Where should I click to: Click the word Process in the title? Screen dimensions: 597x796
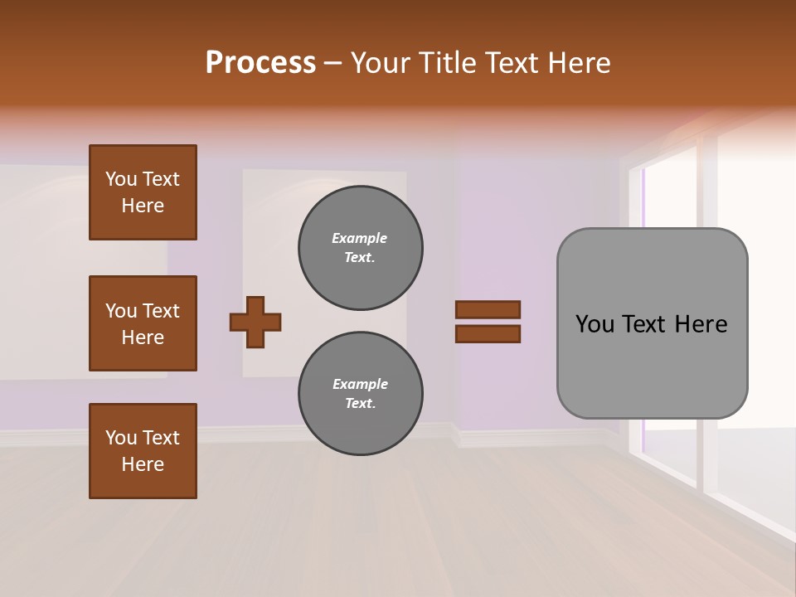click(x=260, y=63)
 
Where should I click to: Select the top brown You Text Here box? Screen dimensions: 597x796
click(x=143, y=192)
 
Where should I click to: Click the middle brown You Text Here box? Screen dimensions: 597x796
click(x=143, y=323)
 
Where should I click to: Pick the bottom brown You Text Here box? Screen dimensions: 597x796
click(x=143, y=451)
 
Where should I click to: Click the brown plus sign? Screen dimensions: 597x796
click(x=255, y=322)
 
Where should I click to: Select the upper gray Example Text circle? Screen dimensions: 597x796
click(x=361, y=248)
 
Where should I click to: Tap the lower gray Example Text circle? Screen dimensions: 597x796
click(x=361, y=394)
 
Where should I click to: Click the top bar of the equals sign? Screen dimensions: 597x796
click(x=488, y=309)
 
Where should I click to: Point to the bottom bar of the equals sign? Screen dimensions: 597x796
click(x=488, y=333)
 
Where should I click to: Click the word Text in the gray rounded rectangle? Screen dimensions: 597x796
click(x=643, y=324)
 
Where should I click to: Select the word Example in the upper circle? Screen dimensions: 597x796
click(x=360, y=238)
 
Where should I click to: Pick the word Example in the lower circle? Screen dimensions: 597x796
click(x=360, y=384)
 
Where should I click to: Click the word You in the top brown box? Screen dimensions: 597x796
click(x=120, y=179)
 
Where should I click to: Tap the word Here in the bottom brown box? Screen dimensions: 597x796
click(x=143, y=464)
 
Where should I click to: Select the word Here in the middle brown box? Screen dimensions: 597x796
click(x=143, y=337)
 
